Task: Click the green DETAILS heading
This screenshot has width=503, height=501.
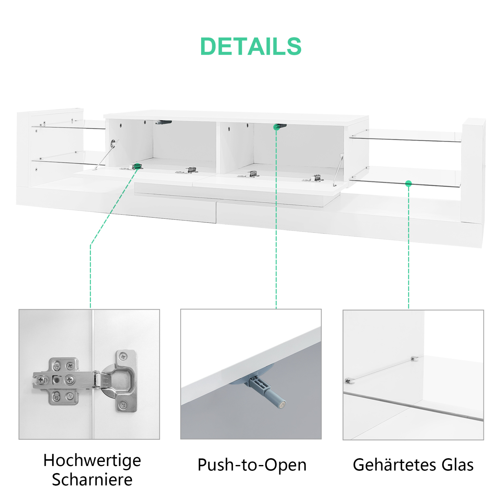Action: pyautogui.click(x=251, y=46)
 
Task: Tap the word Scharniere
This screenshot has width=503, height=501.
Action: pyautogui.click(x=92, y=480)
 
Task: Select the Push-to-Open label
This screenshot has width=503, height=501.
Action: pyautogui.click(x=252, y=465)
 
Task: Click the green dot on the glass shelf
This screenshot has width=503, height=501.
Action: pyautogui.click(x=408, y=183)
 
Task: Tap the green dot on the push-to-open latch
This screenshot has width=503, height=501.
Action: pyautogui.click(x=276, y=127)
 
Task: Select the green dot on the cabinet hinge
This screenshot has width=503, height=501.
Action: pyautogui.click(x=137, y=166)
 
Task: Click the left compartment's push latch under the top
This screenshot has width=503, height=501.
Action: pyautogui.click(x=164, y=122)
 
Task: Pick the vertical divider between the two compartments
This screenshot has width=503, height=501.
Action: pyautogui.click(x=218, y=148)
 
